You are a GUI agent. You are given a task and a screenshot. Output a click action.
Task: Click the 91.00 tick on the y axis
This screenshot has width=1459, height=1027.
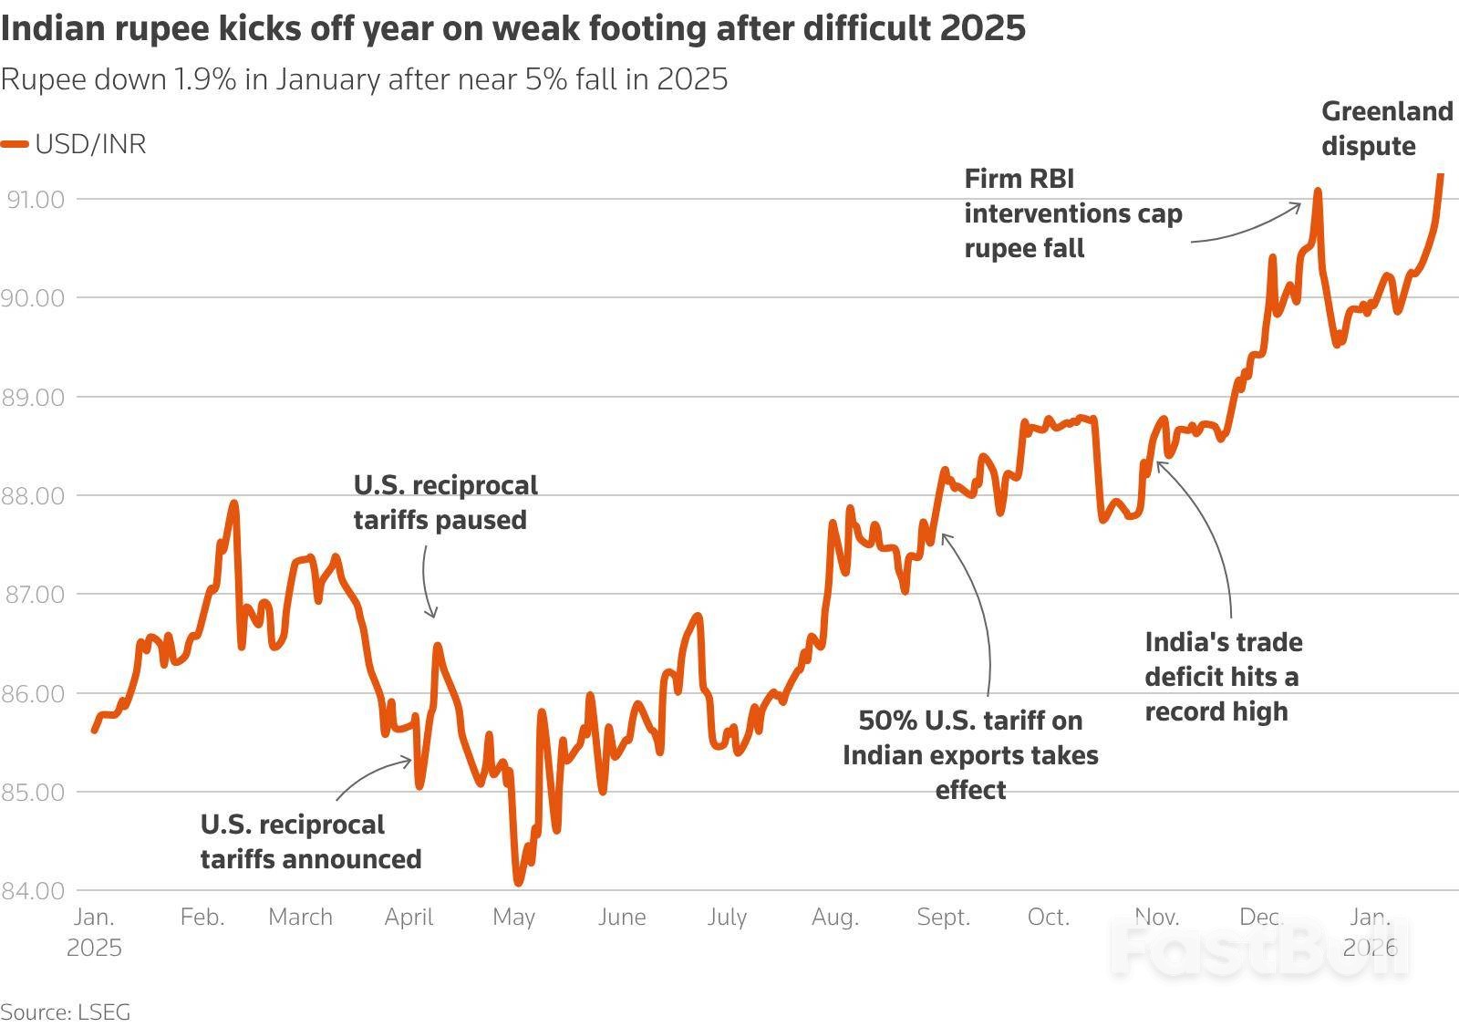click(36, 199)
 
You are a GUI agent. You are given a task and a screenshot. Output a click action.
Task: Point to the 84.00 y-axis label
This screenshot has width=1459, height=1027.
click(33, 890)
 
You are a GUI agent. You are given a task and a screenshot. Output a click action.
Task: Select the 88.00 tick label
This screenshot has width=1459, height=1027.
click(36, 495)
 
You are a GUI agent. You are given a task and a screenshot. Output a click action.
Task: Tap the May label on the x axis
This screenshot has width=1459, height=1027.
click(513, 917)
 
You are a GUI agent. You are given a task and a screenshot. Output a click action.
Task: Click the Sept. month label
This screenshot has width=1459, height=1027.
click(943, 917)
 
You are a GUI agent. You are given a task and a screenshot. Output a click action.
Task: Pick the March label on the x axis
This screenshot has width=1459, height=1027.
click(300, 917)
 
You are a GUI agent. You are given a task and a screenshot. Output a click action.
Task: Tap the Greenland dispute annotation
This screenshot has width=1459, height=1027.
click(1386, 129)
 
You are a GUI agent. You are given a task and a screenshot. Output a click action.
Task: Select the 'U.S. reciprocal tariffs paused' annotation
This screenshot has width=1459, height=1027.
click(445, 502)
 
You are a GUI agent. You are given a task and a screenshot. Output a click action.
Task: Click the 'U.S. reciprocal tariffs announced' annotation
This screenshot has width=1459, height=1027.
click(310, 842)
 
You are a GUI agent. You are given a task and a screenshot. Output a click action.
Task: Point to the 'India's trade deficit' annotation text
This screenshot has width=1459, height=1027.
click(1223, 677)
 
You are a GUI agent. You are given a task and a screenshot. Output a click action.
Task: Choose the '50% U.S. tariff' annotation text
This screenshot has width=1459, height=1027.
click(970, 755)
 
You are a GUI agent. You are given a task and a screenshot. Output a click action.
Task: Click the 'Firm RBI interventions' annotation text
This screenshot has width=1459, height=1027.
click(1072, 213)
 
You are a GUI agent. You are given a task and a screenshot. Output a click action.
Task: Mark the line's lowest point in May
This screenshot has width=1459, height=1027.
click(518, 882)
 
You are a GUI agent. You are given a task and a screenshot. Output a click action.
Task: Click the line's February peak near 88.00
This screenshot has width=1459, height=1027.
click(234, 503)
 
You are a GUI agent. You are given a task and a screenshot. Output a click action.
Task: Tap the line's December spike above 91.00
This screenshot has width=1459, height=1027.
click(1317, 192)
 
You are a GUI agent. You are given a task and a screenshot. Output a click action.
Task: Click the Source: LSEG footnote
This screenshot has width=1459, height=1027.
click(66, 1011)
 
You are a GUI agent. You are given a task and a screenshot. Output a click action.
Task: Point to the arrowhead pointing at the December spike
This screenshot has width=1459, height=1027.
click(1299, 206)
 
